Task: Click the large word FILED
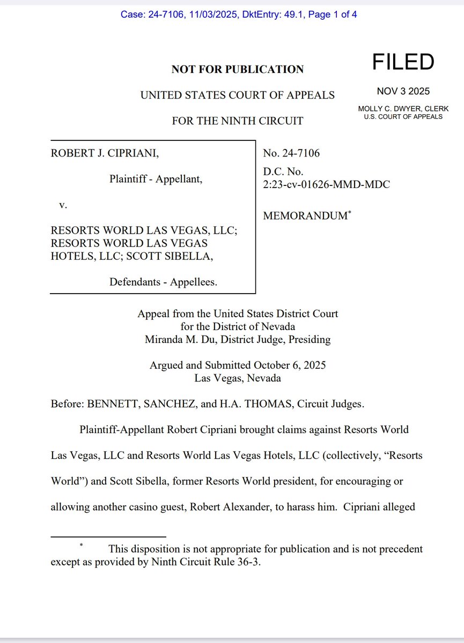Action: (x=403, y=63)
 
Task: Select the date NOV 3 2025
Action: (x=403, y=91)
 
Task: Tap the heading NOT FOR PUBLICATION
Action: (x=237, y=69)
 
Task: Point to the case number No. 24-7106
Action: (x=291, y=154)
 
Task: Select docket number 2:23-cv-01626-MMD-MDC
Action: (x=326, y=184)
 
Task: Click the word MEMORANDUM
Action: (x=305, y=216)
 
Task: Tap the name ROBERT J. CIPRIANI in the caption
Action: (x=105, y=154)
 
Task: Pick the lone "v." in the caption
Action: (x=63, y=205)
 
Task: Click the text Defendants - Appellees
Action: (x=163, y=282)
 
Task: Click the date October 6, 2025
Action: (x=290, y=365)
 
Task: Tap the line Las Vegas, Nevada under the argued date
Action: (x=237, y=378)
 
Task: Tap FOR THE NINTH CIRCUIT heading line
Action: (x=237, y=121)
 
